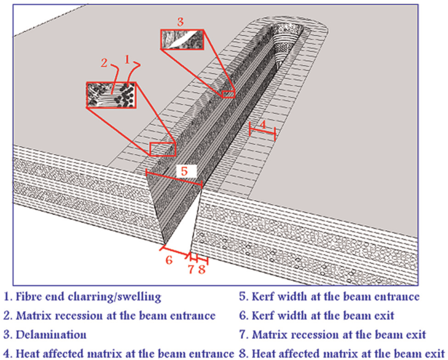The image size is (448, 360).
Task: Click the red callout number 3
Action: tap(180, 22)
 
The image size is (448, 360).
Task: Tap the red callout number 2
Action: tap(104, 62)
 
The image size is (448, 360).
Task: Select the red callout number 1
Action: tap(127, 59)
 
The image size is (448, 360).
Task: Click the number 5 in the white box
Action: tap(184, 172)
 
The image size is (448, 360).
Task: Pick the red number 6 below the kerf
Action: tap(169, 260)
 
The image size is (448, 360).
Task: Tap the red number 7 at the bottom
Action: tap(191, 269)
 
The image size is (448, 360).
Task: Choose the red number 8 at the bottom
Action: tap(202, 269)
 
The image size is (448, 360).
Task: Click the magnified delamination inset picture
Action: tap(182, 39)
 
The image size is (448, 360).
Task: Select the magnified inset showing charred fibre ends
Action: tap(111, 95)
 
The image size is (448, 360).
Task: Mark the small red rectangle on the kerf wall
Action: tap(228, 94)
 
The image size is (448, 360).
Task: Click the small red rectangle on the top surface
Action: tap(162, 149)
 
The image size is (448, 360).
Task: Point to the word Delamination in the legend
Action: tap(51, 335)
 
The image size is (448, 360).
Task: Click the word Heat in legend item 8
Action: tap(263, 354)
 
